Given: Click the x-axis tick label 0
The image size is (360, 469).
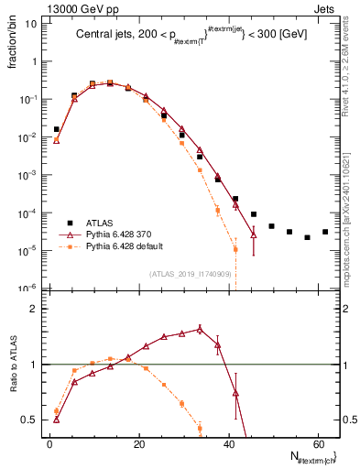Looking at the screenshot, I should coord(49,444).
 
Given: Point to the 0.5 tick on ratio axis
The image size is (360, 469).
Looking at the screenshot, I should coord(30,420).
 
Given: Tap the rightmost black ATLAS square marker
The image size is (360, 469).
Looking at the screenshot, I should coord(325,232).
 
